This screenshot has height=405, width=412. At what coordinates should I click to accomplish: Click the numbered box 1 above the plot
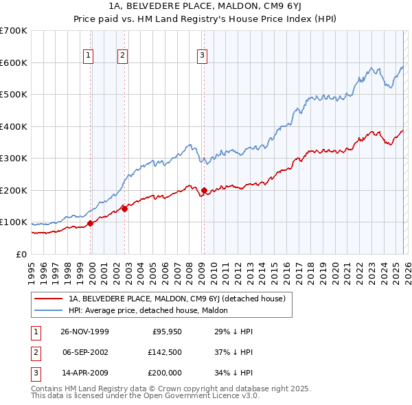pos(89,56)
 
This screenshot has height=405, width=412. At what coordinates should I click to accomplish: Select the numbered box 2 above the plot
pos(122,56)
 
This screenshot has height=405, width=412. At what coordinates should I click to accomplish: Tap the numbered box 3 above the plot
pos(203,56)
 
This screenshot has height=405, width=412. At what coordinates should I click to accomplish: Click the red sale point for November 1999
pos(91,223)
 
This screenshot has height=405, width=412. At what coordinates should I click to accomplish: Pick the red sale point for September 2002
pos(124,209)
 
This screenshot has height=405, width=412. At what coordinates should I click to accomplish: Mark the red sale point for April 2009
pos(204,190)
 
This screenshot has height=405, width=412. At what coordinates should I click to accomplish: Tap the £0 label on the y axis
pos(21,254)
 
